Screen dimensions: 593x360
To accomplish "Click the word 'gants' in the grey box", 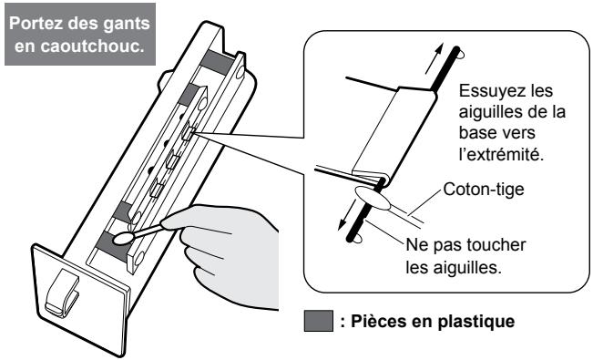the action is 127,24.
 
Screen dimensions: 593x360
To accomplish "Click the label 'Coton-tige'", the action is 484,190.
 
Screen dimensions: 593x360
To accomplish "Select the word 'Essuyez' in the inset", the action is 486,91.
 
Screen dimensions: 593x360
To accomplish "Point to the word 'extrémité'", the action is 504,153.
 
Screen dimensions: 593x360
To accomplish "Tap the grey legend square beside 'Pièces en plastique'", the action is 319,321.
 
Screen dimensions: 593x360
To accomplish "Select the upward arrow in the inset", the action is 434,58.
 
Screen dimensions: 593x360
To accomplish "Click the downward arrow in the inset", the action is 347,215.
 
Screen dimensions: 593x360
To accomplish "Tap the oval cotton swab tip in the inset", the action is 373,198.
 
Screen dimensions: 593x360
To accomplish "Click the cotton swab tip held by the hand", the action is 123,238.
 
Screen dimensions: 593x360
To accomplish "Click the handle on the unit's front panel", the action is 61,293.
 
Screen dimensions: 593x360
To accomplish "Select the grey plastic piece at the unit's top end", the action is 218,61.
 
